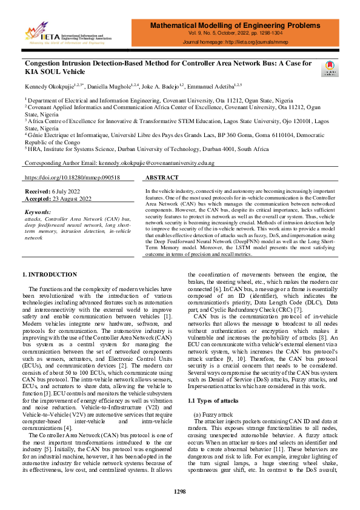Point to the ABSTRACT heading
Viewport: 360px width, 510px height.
tap(162, 178)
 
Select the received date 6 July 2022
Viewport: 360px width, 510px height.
tap(60, 191)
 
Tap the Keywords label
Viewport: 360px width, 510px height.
tap(39, 212)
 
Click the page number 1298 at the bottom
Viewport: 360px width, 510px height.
tap(179, 491)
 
